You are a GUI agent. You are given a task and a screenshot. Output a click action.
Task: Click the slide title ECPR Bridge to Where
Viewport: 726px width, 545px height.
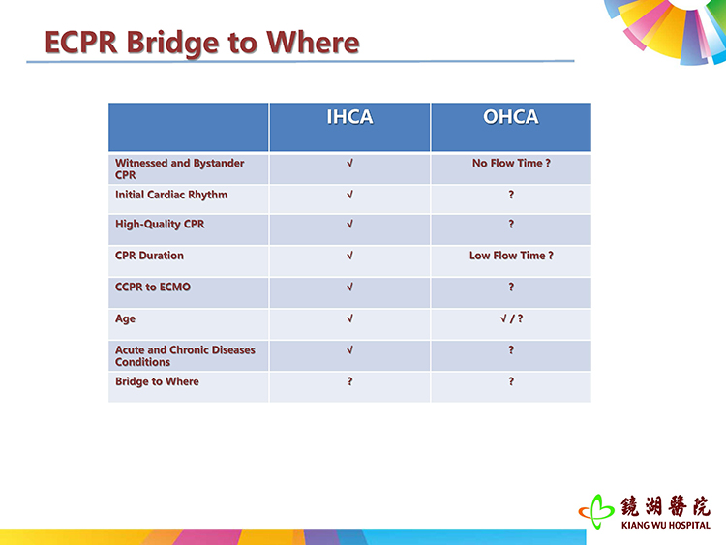(202, 43)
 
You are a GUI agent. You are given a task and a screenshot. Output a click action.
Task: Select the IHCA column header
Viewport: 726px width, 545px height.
(349, 117)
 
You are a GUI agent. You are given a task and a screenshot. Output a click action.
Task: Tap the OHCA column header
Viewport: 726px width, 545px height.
(511, 117)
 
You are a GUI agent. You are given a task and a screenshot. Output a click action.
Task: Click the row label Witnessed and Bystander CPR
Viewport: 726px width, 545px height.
(180, 169)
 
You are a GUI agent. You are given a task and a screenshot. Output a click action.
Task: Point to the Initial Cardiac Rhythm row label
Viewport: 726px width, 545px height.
(171, 195)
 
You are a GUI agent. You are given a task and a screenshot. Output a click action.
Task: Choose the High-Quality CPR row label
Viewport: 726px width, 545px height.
(160, 225)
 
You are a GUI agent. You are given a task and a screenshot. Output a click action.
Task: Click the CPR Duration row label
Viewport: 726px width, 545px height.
(149, 256)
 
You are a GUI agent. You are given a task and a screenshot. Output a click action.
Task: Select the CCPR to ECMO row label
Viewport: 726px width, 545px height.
(153, 288)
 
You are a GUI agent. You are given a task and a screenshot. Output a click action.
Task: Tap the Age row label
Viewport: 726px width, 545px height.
(125, 319)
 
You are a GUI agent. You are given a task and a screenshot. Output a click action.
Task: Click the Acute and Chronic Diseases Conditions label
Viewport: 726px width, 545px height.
(185, 356)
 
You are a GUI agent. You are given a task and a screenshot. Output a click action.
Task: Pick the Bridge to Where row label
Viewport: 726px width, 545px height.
(157, 381)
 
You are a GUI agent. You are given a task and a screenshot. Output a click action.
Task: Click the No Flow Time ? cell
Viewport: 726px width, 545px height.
(511, 163)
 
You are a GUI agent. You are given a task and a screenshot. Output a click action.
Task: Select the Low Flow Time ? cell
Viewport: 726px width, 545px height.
(511, 256)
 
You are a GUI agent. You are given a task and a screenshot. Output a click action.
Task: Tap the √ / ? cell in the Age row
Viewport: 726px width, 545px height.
(511, 318)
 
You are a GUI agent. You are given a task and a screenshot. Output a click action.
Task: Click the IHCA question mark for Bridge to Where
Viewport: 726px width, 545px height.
(350, 381)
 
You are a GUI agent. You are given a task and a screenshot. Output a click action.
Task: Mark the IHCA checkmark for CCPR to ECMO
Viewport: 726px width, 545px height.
(350, 288)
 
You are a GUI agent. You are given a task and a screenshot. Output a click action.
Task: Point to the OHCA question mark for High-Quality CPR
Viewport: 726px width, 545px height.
(511, 224)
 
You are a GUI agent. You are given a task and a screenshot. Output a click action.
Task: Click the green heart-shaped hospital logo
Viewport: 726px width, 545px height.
(596, 511)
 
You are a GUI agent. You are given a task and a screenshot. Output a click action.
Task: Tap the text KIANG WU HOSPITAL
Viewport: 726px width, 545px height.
(666, 525)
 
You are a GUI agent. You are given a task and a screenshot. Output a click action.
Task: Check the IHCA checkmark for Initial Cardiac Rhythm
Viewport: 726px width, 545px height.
(350, 195)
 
